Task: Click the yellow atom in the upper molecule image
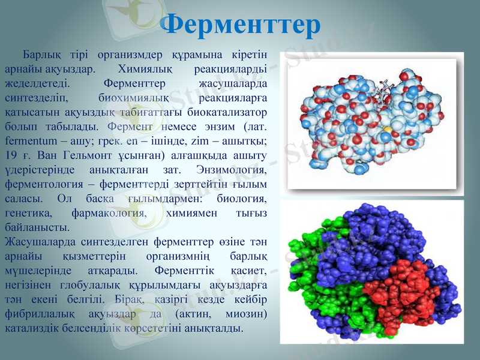[x=388, y=128]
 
